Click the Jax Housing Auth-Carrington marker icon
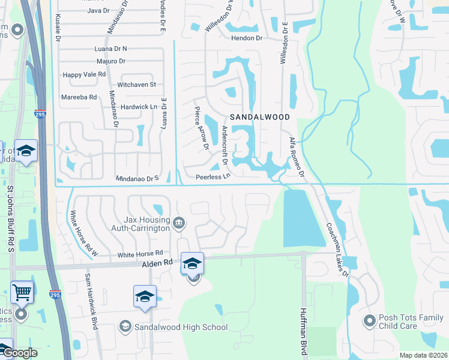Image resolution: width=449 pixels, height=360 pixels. pos(178,224)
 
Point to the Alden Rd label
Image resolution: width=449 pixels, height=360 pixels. pos(157,263)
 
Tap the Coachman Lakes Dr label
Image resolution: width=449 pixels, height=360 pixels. pos(337,249)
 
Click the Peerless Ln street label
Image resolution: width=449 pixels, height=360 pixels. pos(213,177)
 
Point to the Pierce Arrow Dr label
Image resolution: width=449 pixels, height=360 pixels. pos(200,128)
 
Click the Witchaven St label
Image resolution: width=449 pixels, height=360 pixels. pos(137,85)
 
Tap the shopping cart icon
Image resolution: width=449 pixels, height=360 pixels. pos(22,293)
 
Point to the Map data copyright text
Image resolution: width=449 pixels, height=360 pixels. pos(424,355)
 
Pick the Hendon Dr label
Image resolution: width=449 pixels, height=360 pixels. pos(247,38)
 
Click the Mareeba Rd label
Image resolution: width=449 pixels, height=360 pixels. pos(79,97)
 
